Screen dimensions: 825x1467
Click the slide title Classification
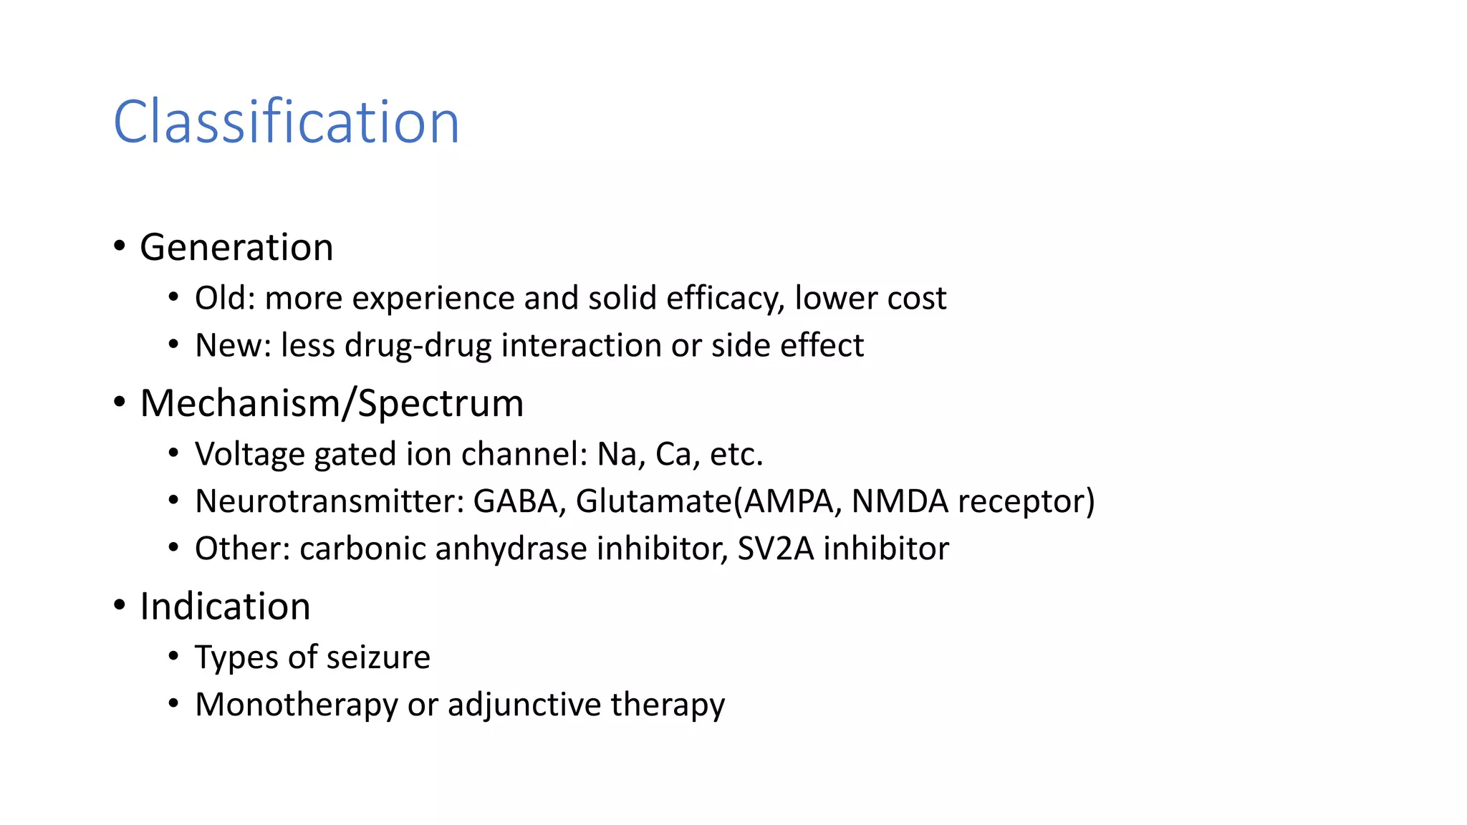click(x=286, y=122)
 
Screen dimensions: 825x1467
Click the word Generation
click(x=236, y=247)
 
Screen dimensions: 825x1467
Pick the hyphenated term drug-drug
click(x=418, y=345)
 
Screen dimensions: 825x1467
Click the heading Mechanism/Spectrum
click(x=332, y=403)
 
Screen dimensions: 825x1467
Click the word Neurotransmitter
click(x=329, y=501)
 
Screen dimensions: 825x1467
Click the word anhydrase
click(x=511, y=549)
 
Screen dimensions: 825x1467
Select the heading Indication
click(x=225, y=607)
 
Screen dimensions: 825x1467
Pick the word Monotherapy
click(x=296, y=705)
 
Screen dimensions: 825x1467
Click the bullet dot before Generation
click(x=120, y=246)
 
